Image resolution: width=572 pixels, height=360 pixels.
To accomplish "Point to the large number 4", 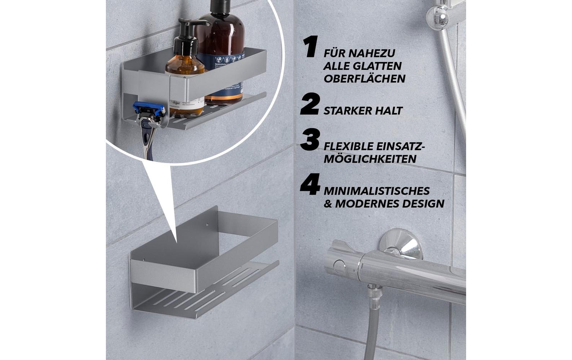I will pyautogui.click(x=310, y=185).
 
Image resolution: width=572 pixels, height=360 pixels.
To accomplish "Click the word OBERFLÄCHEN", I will pyautogui.click(x=364, y=79).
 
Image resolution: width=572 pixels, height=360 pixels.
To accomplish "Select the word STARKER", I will pyautogui.click(x=347, y=111).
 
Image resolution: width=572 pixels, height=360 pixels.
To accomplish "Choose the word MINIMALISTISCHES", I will pyautogui.click(x=377, y=191).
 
